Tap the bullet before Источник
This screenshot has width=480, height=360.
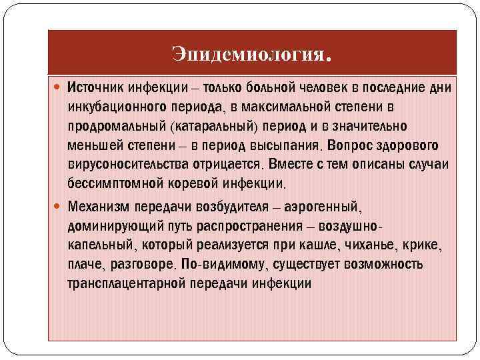pos(55,87)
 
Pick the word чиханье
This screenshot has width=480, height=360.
pos(366,245)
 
